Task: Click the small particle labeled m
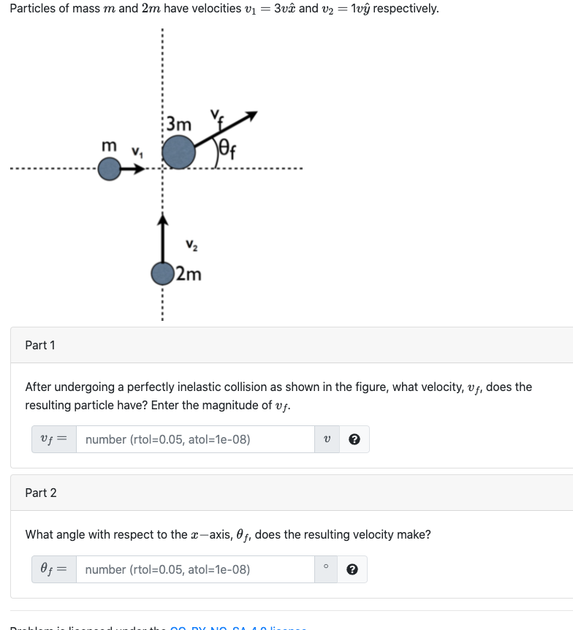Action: pos(109,170)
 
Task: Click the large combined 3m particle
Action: pos(178,153)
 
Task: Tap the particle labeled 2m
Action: pos(162,274)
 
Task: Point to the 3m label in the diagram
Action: pos(179,124)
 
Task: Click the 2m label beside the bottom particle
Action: pos(189,275)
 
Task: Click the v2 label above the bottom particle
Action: pos(191,245)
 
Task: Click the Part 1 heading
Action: pos(40,345)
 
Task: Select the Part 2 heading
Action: pos(40,493)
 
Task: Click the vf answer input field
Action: pos(195,439)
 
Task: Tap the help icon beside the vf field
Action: pos(354,439)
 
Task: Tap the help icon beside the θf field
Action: pos(352,569)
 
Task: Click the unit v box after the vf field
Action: pos(327,439)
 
